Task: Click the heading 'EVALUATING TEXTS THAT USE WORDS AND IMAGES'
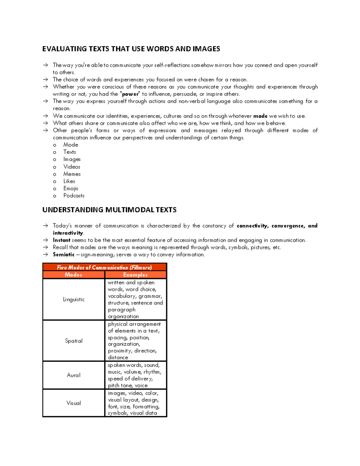[x=131, y=49]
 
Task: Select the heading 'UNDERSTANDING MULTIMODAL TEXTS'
[x=109, y=210]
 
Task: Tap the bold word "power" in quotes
[x=130, y=94]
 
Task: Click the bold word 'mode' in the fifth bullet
[x=260, y=116]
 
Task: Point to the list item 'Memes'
[x=72, y=174]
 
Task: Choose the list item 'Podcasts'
[x=74, y=196]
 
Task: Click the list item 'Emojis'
[x=71, y=188]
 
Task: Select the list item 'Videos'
[x=72, y=167]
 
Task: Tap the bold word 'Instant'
[x=61, y=240]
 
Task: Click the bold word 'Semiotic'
[x=64, y=254]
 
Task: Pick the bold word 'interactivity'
[x=68, y=233]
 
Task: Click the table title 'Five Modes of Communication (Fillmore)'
[x=104, y=267]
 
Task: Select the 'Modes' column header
[x=73, y=275]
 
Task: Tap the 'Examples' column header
[x=135, y=275]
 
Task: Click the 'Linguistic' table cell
[x=74, y=299]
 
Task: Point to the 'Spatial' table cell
[x=74, y=341]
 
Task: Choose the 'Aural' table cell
[x=74, y=375]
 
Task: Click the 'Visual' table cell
[x=74, y=403]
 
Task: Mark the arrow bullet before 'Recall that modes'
[x=45, y=248]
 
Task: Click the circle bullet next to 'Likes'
[x=55, y=182]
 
